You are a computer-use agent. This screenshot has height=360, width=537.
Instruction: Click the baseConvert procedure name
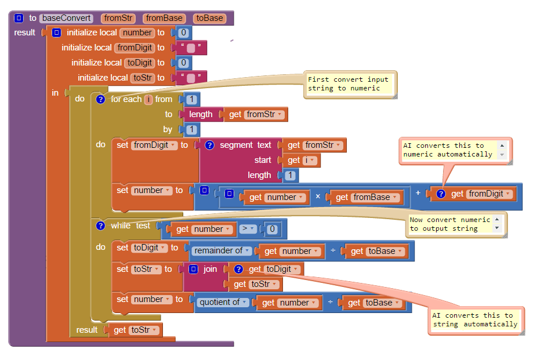[67, 18]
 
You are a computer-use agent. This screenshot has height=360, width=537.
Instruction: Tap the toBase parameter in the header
[209, 18]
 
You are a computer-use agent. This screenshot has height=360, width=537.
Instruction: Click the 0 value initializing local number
[183, 32]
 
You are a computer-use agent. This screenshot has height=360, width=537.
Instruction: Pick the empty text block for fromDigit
[191, 48]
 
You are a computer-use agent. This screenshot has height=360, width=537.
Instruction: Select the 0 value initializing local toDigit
[183, 63]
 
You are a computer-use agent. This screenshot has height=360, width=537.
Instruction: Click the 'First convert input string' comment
[349, 84]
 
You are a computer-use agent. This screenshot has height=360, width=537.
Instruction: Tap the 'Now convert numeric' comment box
[449, 224]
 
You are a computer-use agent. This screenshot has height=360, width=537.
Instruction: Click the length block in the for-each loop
[201, 114]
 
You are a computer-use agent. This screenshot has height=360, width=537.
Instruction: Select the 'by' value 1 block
[191, 129]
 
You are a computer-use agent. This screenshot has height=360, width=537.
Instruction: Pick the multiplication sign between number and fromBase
[318, 197]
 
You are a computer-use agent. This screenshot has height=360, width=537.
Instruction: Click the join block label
[210, 269]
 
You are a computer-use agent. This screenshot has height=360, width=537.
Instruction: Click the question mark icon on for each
[100, 99]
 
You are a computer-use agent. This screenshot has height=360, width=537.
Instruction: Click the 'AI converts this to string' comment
[475, 320]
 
